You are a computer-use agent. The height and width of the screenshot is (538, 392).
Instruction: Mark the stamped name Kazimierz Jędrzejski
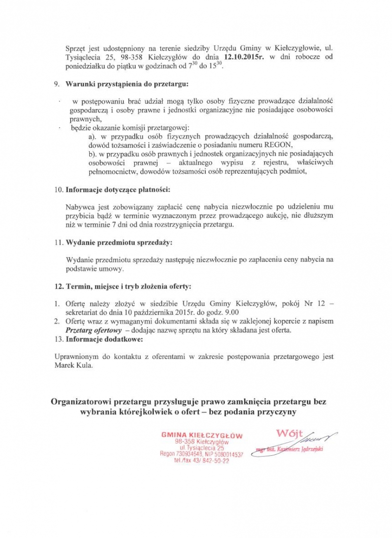(300, 448)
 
